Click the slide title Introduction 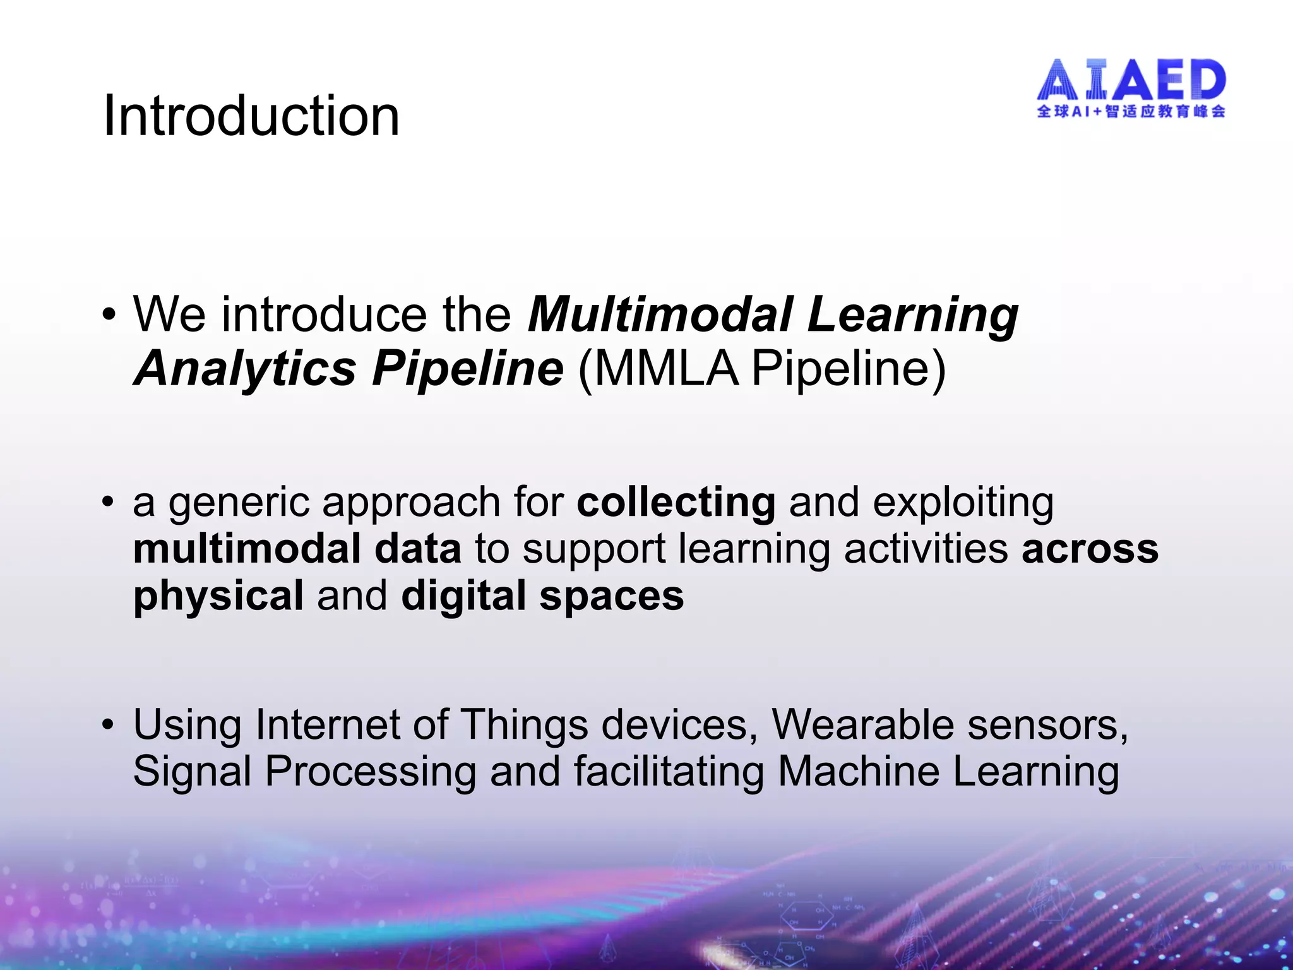click(251, 116)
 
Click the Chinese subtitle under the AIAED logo click(1131, 111)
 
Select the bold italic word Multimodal click(660, 314)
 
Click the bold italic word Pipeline click(467, 368)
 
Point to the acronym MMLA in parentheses click(665, 368)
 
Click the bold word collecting click(676, 502)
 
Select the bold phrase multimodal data click(297, 548)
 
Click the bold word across click(1090, 548)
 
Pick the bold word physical click(218, 596)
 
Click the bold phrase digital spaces click(542, 596)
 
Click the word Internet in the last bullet click(327, 724)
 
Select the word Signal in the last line click(192, 772)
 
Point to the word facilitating click(669, 772)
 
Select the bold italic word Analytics click(245, 368)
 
